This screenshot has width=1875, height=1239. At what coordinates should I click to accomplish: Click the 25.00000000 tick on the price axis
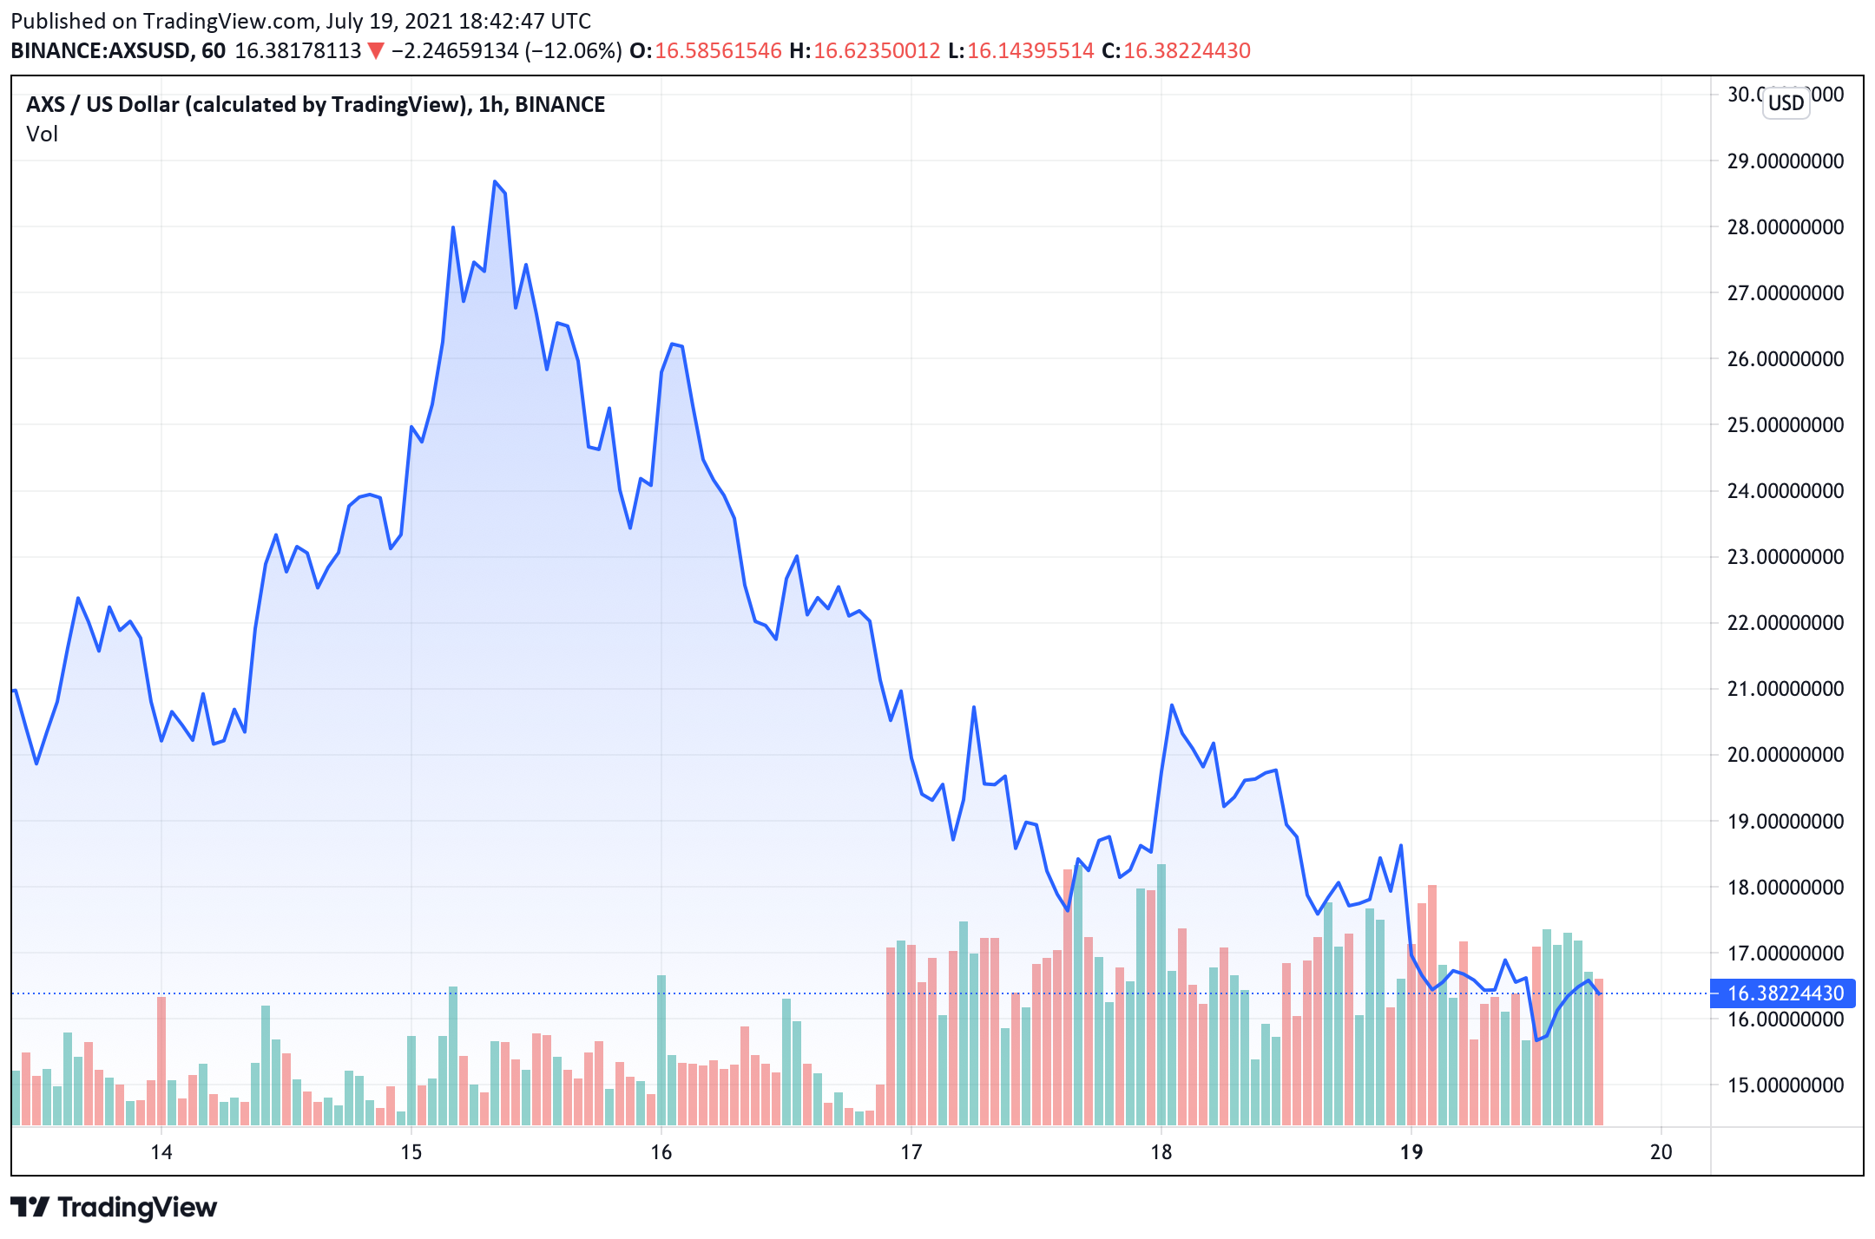(1785, 425)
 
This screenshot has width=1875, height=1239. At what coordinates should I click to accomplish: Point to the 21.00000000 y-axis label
(1785, 689)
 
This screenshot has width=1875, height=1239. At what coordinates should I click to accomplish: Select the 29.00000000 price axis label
(1785, 161)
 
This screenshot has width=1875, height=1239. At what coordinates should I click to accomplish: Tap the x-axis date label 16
(661, 1152)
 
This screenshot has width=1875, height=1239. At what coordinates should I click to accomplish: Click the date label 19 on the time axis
(1411, 1152)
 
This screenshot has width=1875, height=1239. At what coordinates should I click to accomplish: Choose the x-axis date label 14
(161, 1152)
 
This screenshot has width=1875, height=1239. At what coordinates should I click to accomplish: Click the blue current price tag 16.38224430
(1785, 993)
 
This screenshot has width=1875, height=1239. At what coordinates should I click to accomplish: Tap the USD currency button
(1786, 103)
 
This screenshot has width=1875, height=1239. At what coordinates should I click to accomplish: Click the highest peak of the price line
(495, 182)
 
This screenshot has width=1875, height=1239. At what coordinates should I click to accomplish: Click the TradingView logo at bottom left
(114, 1208)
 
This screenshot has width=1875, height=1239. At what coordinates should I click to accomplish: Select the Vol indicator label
(42, 134)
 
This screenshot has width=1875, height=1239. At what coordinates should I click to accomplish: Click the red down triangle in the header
(376, 51)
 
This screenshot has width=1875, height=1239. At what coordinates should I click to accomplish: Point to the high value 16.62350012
(877, 51)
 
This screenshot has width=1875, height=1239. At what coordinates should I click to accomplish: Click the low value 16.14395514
(1030, 51)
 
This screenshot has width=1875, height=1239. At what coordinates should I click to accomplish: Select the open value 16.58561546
(718, 51)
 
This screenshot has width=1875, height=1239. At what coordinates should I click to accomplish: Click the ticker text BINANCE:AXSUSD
(101, 51)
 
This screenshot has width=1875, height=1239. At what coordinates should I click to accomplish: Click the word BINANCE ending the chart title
(560, 105)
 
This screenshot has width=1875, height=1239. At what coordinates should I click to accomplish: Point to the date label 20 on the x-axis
(1661, 1152)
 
